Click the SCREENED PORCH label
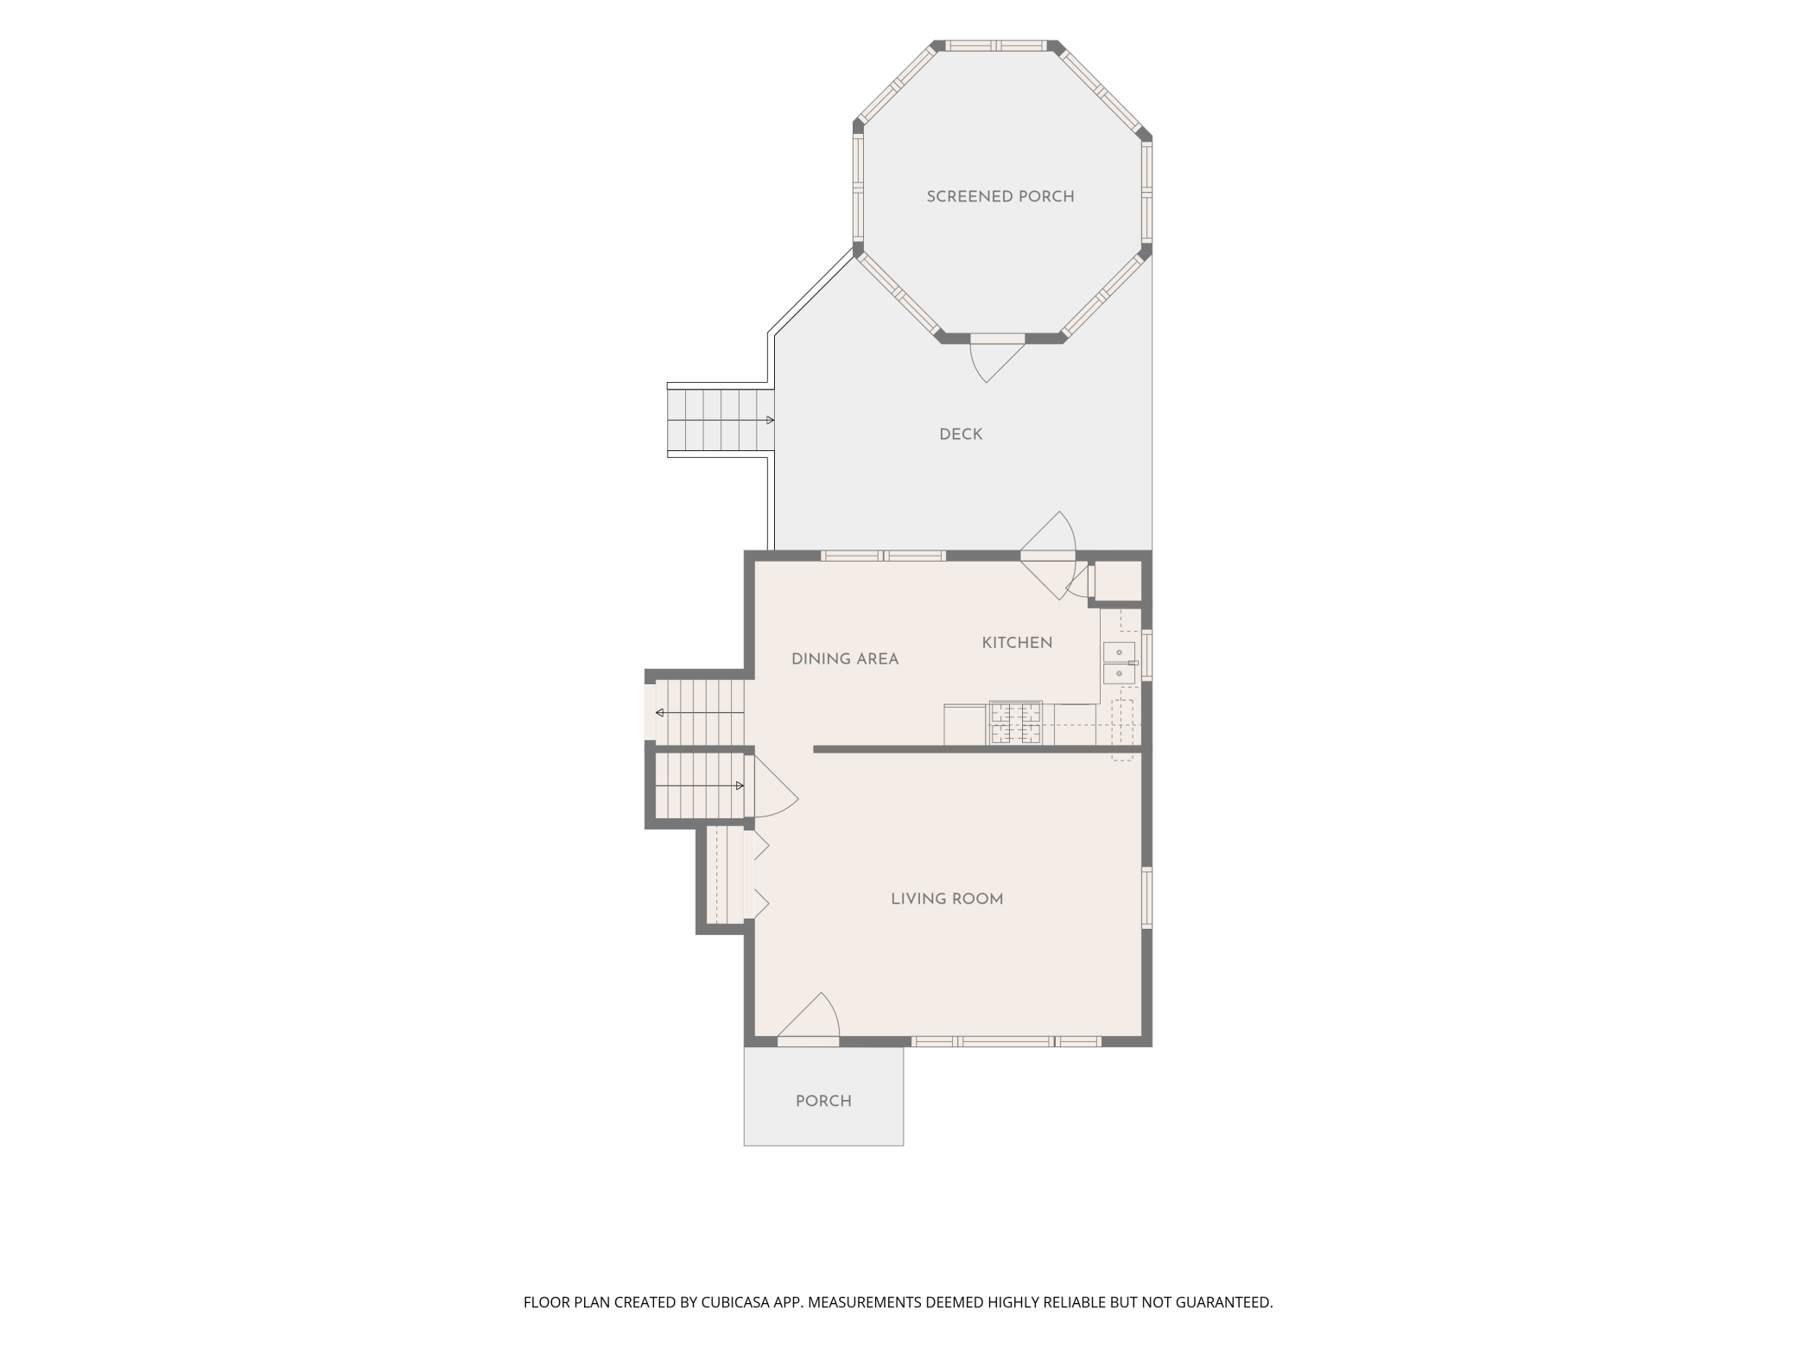1000,197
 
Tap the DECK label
961,435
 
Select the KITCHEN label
1017,643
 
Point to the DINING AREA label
845,659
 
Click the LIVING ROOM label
947,900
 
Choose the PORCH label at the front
823,1101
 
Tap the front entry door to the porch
809,1020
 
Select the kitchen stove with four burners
1015,723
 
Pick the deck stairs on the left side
721,420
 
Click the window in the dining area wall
883,556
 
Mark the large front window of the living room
1006,1042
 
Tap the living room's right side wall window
1147,898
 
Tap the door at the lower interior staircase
775,787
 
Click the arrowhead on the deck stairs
770,421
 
